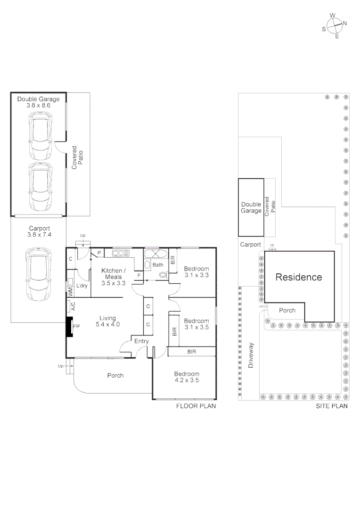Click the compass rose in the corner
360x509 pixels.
coord(335,25)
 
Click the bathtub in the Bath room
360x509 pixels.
coord(155,254)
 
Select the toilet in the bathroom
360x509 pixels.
coord(163,275)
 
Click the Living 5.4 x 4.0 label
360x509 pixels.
coord(108,321)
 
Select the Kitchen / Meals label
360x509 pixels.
coord(114,277)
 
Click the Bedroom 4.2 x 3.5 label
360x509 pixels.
coord(187,377)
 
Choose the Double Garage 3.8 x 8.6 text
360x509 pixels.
coord(38,102)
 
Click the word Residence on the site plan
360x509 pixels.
coord(299,277)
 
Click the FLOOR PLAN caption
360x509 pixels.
coord(196,406)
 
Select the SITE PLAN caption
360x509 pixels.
coord(331,406)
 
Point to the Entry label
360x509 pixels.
coord(141,341)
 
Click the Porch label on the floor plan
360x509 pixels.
coord(115,375)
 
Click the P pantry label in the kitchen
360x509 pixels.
coord(99,254)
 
